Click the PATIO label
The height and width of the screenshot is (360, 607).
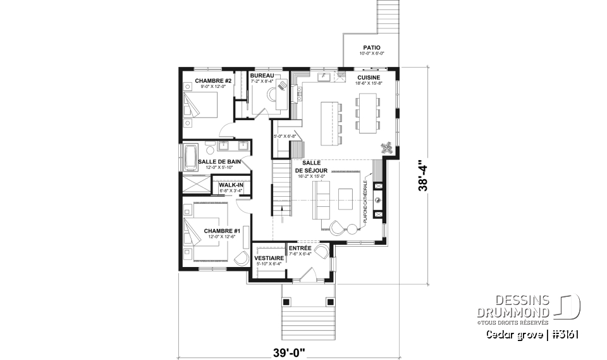371,47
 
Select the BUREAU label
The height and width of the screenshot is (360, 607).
262,75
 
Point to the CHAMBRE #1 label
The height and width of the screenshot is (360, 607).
221,231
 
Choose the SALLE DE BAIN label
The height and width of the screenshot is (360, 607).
219,162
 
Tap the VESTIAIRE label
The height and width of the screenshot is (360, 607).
268,258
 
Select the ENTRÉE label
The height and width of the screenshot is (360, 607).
300,248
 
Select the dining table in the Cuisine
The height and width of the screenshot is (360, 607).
367,113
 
